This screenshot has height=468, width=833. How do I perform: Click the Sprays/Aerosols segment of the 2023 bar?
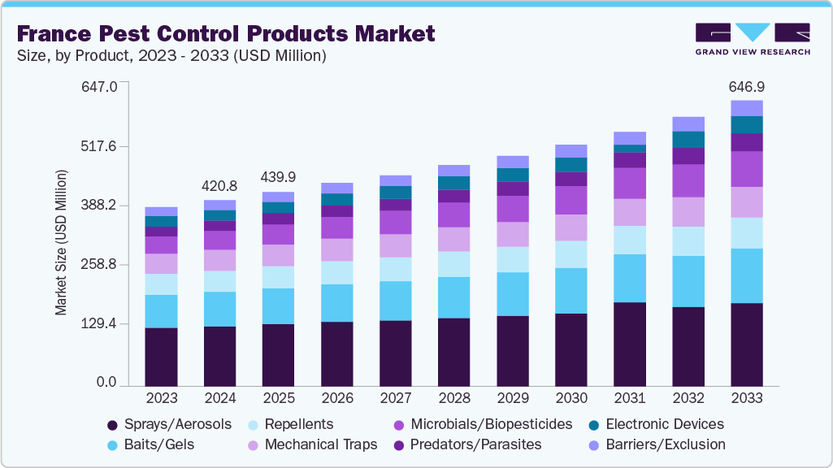pyautogui.click(x=162, y=357)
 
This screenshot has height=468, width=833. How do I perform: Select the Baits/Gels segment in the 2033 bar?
pyautogui.click(x=747, y=275)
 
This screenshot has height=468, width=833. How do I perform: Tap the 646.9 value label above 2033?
pyautogui.click(x=747, y=87)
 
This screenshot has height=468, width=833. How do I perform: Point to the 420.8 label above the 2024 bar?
pyautogui.click(x=220, y=186)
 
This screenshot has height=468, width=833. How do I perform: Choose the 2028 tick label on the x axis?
pyautogui.click(x=454, y=398)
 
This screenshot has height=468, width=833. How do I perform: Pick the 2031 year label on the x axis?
pyautogui.click(x=630, y=398)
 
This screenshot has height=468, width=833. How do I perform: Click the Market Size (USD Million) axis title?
pyautogui.click(x=61, y=242)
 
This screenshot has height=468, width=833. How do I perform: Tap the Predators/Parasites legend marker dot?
pyautogui.click(x=399, y=445)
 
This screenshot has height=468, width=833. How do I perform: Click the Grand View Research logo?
pyautogui.click(x=753, y=37)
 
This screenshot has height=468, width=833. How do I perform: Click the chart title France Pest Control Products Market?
pyautogui.click(x=226, y=33)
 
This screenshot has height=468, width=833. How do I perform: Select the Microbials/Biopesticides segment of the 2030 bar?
pyautogui.click(x=571, y=200)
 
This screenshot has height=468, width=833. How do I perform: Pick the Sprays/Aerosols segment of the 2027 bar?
pyautogui.click(x=396, y=353)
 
